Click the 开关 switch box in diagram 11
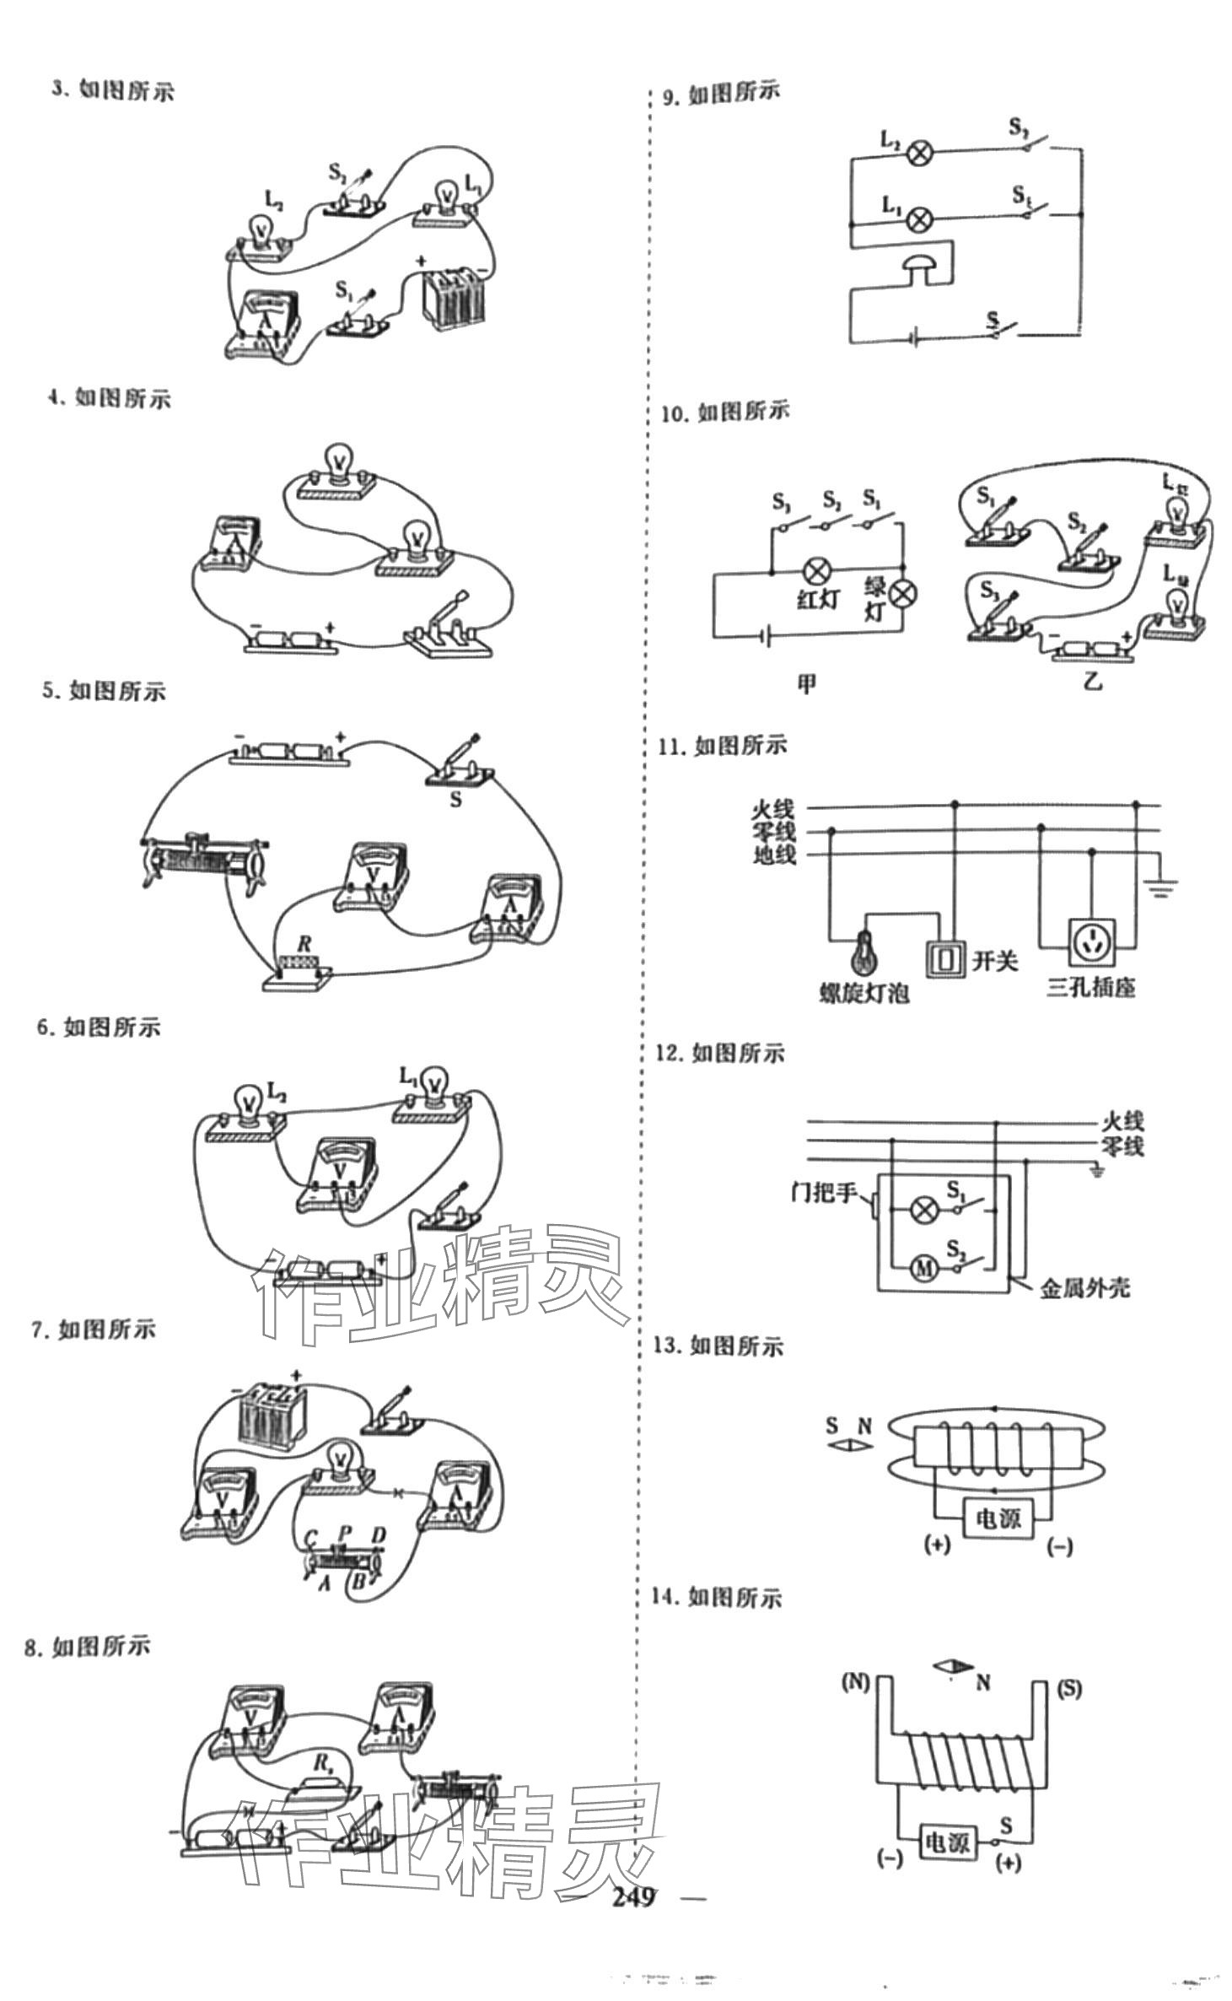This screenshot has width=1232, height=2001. [945, 957]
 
